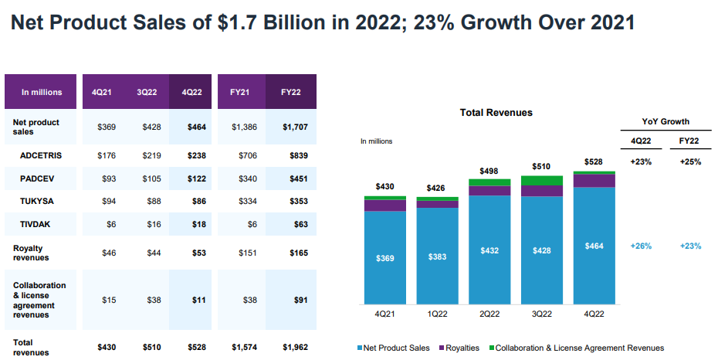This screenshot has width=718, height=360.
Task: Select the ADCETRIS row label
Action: [x=41, y=155]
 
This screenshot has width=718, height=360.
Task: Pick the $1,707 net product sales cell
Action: [x=295, y=127]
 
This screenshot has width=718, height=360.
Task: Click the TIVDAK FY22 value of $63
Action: [x=300, y=224]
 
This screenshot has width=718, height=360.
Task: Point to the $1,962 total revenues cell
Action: [x=295, y=347]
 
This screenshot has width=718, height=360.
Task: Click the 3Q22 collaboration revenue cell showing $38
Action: [x=152, y=300]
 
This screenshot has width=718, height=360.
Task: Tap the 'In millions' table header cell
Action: [x=42, y=93]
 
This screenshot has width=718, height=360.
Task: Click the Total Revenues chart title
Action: [x=496, y=113]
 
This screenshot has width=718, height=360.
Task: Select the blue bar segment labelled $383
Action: [x=437, y=256]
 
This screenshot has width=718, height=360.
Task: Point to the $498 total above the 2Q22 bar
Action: [x=489, y=171]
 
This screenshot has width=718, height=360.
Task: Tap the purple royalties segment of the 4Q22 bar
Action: [x=594, y=181]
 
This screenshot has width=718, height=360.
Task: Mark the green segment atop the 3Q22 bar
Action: [x=542, y=180]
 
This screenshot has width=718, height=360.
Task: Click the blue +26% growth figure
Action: [x=641, y=246]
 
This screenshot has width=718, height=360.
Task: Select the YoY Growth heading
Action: [x=666, y=121]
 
